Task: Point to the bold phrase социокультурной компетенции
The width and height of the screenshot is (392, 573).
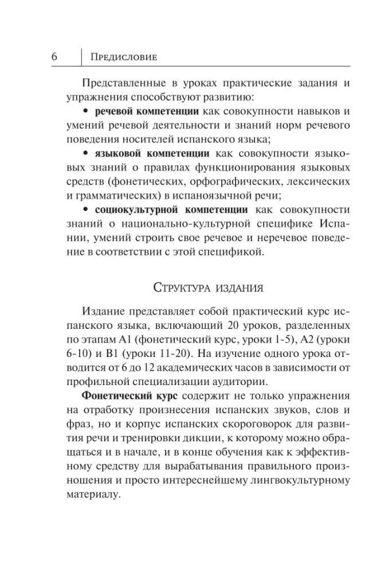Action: click(x=171, y=210)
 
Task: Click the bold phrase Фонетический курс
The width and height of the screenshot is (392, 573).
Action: click(x=119, y=395)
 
